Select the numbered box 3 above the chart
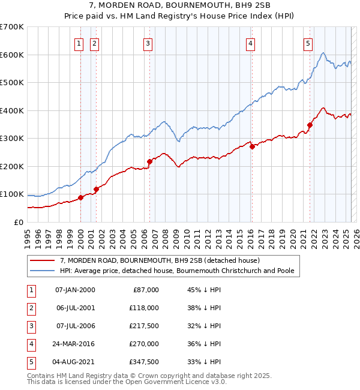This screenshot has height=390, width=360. [x=148, y=43]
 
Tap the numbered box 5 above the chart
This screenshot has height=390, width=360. [x=308, y=43]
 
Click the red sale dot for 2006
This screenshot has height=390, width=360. [x=149, y=161]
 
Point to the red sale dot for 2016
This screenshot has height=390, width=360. [x=252, y=147]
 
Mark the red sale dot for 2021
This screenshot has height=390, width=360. [x=310, y=125]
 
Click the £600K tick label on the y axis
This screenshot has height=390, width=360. [x=12, y=55]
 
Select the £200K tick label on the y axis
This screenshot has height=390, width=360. [x=12, y=166]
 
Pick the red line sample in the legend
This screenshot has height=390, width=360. [x=43, y=261]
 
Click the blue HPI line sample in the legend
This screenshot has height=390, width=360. [x=43, y=271]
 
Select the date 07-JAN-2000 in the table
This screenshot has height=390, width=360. [x=75, y=290]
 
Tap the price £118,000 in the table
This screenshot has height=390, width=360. [x=145, y=308]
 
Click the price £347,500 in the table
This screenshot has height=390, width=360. [x=145, y=362]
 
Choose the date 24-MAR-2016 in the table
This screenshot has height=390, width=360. [x=75, y=344]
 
